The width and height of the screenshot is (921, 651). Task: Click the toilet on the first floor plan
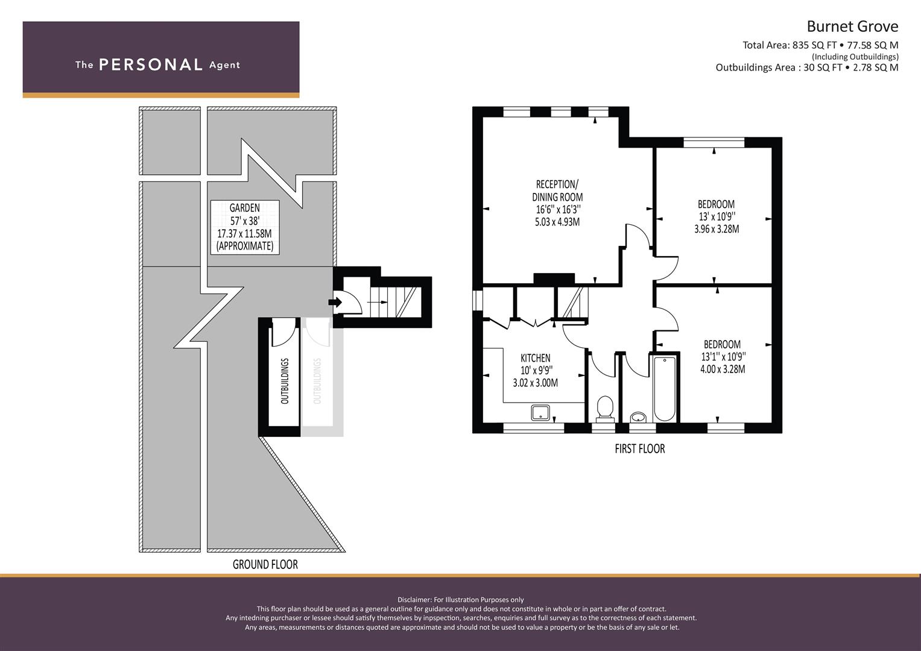[x=605, y=409]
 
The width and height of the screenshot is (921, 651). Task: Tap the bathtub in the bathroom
[x=664, y=389]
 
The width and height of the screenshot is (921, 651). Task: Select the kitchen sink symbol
[x=540, y=413]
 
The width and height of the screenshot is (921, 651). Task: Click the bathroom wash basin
[x=638, y=418]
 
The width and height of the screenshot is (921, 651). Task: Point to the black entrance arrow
[x=335, y=303]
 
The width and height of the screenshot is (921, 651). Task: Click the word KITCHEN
[x=536, y=357]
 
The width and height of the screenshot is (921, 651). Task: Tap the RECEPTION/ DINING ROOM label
[x=557, y=190]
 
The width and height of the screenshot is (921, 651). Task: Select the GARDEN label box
[x=245, y=227]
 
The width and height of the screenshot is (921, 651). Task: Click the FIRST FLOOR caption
[x=640, y=448]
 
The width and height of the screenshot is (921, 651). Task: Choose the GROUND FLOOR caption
[x=265, y=564]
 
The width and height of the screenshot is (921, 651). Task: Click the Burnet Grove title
[x=852, y=27]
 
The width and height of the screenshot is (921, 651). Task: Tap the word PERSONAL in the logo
[x=151, y=64]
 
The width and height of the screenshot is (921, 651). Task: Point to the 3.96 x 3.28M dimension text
[x=717, y=229]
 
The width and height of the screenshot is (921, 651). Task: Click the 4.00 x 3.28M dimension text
[x=723, y=369]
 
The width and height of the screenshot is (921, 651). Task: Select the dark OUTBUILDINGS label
[x=285, y=381]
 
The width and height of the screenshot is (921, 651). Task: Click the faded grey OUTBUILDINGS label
[x=317, y=381]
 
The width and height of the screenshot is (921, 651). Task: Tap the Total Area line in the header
[x=820, y=45]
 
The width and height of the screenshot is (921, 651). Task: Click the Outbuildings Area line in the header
[x=807, y=68]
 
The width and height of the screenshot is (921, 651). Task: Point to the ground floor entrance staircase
[x=394, y=302]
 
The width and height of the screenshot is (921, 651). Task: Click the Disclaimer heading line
[x=461, y=600]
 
